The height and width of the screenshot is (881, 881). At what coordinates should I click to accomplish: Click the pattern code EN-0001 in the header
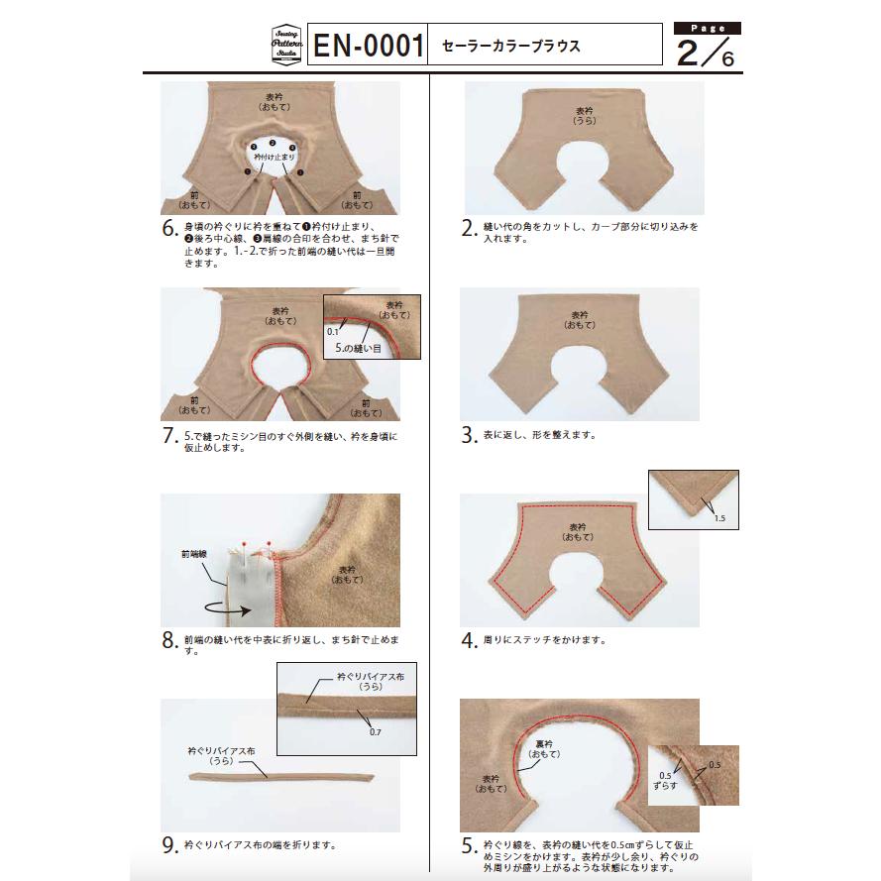point(368,45)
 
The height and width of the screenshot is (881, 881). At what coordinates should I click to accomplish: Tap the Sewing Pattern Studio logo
point(286,45)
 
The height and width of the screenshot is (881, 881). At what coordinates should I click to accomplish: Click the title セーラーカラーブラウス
point(510,46)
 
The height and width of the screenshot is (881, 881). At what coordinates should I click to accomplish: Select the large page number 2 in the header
point(689,53)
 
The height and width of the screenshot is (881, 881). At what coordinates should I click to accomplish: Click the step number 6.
point(169,228)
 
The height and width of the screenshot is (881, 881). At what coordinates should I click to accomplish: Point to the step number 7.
point(169,435)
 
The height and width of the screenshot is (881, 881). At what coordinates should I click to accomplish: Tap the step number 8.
point(169,640)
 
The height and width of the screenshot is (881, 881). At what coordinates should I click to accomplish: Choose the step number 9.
point(169,845)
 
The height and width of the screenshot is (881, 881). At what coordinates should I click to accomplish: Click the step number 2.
point(469,228)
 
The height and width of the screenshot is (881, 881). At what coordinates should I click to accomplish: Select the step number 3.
point(469,435)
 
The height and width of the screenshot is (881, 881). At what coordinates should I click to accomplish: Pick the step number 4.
point(469,640)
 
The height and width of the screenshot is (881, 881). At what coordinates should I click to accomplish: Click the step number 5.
point(469,845)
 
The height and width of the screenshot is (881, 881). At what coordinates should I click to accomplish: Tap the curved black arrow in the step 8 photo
point(228,608)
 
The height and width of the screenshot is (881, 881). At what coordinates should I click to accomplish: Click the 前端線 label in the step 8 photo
point(194,554)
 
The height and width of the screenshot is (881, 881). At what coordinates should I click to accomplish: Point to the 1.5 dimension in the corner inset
point(719,518)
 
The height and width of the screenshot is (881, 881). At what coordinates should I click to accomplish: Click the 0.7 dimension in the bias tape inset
point(376,732)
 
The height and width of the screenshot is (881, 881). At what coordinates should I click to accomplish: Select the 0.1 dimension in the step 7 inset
point(333,332)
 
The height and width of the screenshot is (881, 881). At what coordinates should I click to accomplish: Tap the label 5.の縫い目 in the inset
point(358,349)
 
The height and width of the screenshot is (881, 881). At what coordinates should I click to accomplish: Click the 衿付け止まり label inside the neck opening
point(274,157)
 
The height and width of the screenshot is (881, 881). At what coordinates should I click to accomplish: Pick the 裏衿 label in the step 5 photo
point(544,744)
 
